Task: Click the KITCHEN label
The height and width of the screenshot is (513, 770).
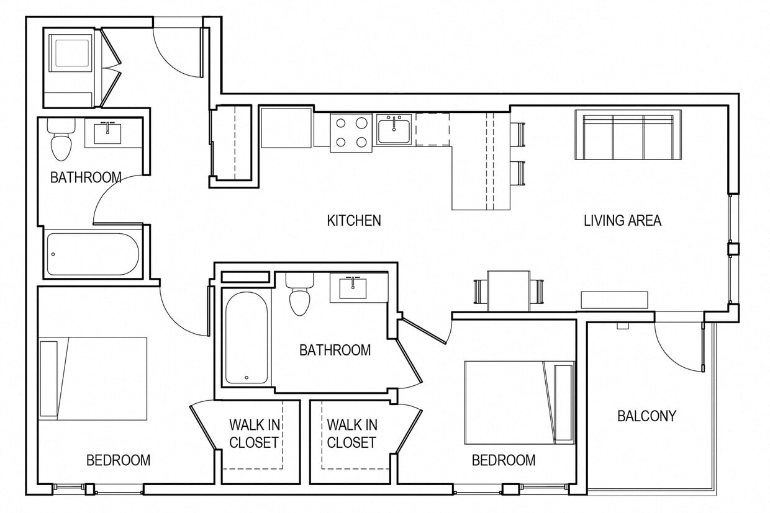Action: [354, 220]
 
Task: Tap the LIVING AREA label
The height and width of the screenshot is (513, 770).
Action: [622, 220]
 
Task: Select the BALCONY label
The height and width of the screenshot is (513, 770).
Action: [646, 416]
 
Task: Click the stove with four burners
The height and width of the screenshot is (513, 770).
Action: [351, 132]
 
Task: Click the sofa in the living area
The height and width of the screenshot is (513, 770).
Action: [628, 135]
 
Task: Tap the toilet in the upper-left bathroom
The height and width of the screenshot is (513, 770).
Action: [61, 141]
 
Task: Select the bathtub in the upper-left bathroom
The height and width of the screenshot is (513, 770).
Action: [93, 254]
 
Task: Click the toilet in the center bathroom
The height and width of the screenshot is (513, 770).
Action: [299, 297]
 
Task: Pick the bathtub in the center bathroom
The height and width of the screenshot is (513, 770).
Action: [247, 338]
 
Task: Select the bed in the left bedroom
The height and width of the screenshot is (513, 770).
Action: [93, 378]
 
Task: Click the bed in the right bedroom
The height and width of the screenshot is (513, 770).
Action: [519, 402]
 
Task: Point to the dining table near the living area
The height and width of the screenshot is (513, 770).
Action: [509, 290]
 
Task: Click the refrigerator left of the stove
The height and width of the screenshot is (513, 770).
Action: [286, 127]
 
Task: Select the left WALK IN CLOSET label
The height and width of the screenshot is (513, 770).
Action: [254, 434]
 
